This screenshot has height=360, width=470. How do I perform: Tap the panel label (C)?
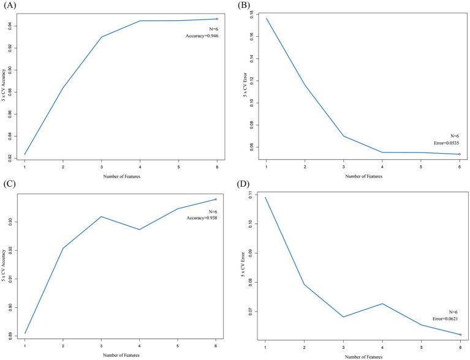[9, 186]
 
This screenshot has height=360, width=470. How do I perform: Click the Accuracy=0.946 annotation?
[202, 36]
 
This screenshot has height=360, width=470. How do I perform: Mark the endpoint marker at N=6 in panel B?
[460, 154]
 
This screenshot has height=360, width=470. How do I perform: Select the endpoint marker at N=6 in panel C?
[216, 200]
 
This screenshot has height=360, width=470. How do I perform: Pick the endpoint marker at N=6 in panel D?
[460, 335]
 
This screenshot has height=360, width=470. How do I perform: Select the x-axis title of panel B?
[363, 176]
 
